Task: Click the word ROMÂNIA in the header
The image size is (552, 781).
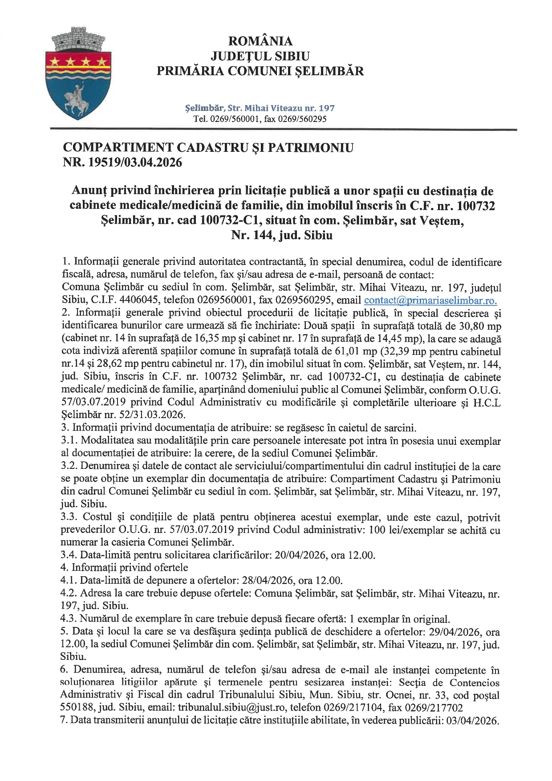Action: [260, 41]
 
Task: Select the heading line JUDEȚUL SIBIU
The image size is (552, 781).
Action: [260, 56]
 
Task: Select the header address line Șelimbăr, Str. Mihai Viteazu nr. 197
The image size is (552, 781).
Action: [260, 108]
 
